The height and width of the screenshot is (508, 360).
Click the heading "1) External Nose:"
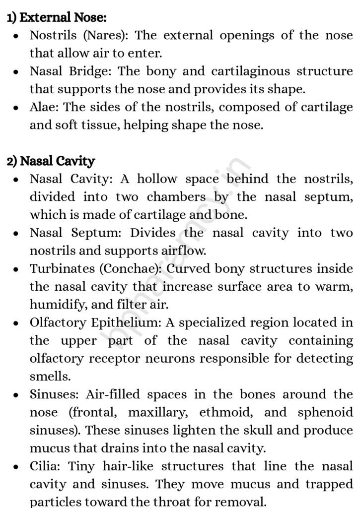57,18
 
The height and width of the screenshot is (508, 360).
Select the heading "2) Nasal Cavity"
51,161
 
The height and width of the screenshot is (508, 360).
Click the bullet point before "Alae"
16,108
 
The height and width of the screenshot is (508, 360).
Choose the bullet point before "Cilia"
16,467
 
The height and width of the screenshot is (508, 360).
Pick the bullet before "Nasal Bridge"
16,72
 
